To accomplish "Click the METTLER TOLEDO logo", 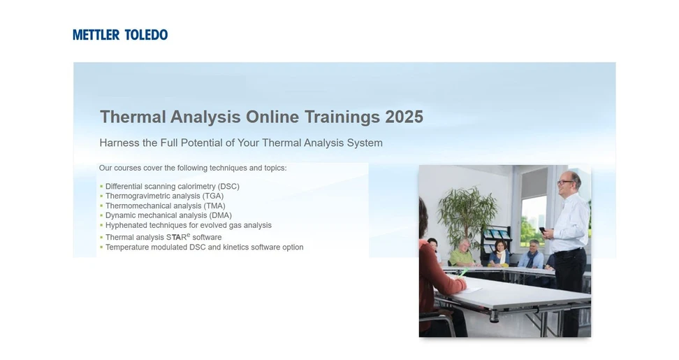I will tap(120, 34).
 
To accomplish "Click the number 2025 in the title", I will tap(404, 117).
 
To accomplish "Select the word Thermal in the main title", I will tap(133, 117).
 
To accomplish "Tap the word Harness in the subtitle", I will tap(119, 143).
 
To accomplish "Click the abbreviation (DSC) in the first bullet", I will tap(228, 187).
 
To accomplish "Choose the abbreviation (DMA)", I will tap(221, 216).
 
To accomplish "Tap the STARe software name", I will tap(178, 237).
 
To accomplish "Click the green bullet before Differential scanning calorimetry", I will tap(101, 187).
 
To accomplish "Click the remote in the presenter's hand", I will tap(542, 229).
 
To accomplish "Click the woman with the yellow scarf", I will tap(499, 253).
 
